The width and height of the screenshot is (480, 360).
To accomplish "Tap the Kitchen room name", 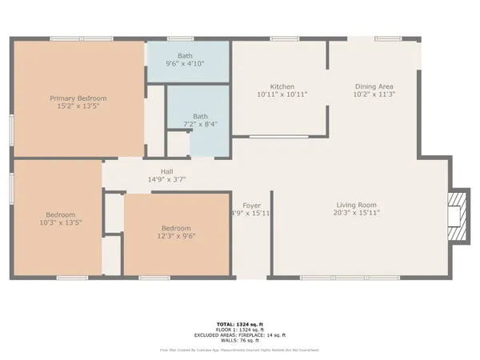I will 282,86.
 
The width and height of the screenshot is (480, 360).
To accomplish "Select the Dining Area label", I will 374,86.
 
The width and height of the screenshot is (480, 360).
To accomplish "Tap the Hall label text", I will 166,172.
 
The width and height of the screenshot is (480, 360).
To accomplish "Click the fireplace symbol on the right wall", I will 458,214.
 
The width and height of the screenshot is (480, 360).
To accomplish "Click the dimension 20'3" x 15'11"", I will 356,214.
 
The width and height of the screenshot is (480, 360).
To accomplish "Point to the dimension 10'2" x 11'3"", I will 374,94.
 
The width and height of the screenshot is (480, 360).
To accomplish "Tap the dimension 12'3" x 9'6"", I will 176,235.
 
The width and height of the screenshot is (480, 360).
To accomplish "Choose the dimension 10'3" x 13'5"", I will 61,222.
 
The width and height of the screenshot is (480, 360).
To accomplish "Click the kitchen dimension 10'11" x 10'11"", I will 282,94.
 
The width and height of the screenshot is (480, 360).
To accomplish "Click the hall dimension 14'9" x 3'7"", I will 166,180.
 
